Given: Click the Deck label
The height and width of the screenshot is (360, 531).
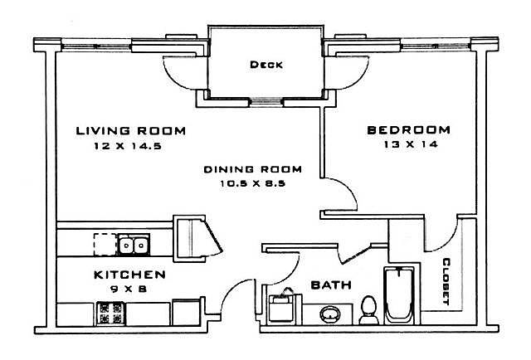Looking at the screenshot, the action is [x=266, y=65].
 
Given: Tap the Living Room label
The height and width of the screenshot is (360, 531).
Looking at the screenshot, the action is [x=131, y=131].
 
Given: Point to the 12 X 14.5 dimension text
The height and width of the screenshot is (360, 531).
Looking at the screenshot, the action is [x=128, y=146].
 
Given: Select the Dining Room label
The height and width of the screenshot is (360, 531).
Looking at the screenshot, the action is [x=252, y=169].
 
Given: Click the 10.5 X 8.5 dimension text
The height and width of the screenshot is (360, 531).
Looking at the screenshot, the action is [x=252, y=183].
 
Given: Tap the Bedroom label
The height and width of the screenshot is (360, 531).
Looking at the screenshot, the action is [x=409, y=130].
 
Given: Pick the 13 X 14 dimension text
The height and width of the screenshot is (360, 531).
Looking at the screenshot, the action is [x=411, y=144].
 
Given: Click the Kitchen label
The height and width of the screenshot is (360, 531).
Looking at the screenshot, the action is [x=129, y=275].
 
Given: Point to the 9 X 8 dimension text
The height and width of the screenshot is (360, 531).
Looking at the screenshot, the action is [x=129, y=289].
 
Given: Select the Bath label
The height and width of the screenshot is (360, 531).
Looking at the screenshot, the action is [x=331, y=285].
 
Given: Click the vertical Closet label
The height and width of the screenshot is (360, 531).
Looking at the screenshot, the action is [x=446, y=281].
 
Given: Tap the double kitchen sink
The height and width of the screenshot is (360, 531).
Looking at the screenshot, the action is [x=134, y=244].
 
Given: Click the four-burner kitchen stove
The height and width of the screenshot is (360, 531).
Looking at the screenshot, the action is [x=110, y=313].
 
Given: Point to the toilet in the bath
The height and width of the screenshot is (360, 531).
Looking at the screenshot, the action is [x=368, y=310].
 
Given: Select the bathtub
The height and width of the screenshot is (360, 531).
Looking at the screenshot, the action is [x=398, y=295].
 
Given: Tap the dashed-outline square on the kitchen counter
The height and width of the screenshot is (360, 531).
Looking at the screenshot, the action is [x=105, y=244].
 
